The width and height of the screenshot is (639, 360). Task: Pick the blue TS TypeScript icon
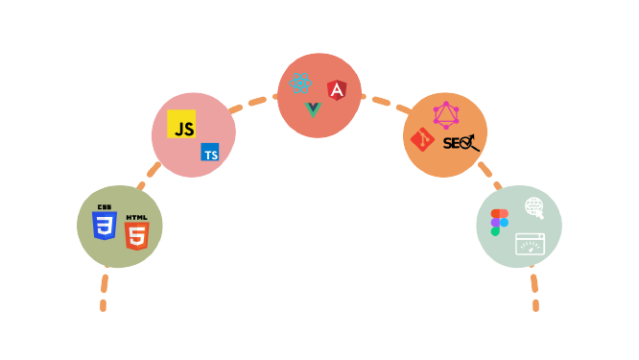209,153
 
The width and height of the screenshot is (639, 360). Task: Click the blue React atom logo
301,84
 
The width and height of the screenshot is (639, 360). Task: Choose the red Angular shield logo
337,90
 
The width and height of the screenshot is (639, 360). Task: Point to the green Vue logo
313,109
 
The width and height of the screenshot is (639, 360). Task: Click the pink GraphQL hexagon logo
446,115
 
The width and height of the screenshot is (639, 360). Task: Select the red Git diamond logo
422,140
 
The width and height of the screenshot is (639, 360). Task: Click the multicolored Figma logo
499,222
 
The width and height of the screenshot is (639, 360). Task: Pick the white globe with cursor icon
534,206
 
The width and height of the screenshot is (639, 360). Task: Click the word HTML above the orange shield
137,217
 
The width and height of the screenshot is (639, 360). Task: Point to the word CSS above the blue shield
105,207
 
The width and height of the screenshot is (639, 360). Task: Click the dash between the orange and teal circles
485,170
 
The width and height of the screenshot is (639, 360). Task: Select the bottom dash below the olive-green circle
103,306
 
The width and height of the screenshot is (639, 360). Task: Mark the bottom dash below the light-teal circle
535,305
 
